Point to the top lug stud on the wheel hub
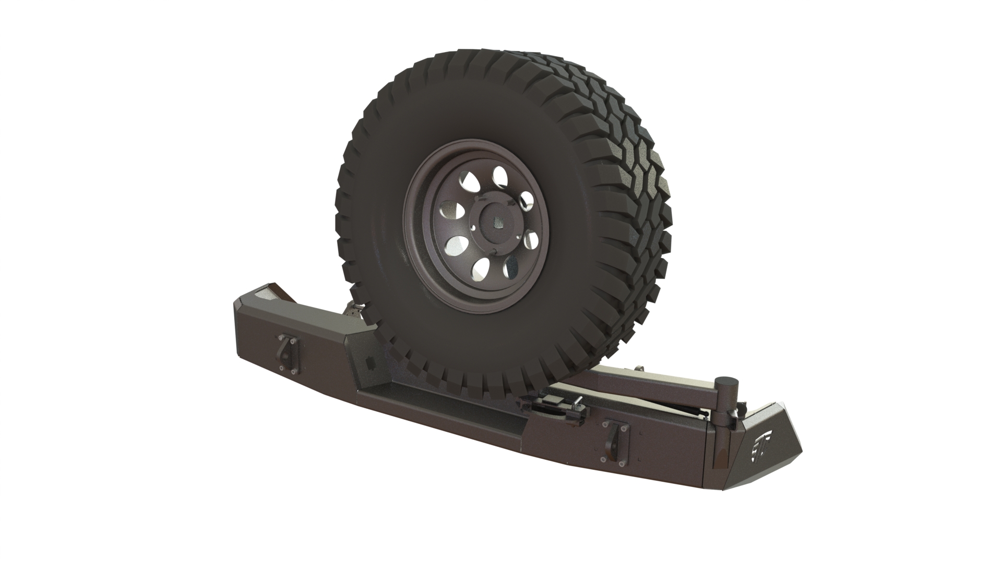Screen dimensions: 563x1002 (496, 196)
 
